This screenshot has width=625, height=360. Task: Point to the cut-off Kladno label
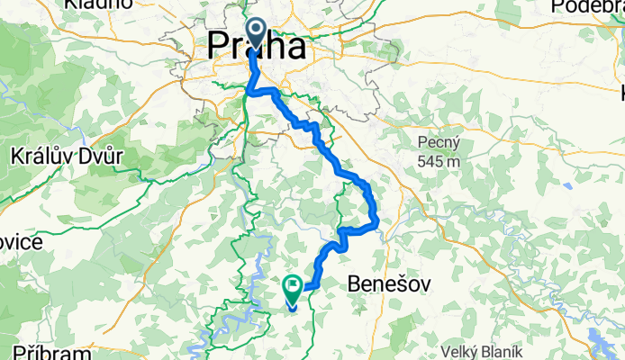(x=98, y=4)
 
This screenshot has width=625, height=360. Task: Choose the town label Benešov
(x=387, y=284)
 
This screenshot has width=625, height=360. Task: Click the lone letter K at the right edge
(x=620, y=93)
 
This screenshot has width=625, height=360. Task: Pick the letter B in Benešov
(x=354, y=284)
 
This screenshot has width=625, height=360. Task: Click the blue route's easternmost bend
(x=376, y=216)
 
